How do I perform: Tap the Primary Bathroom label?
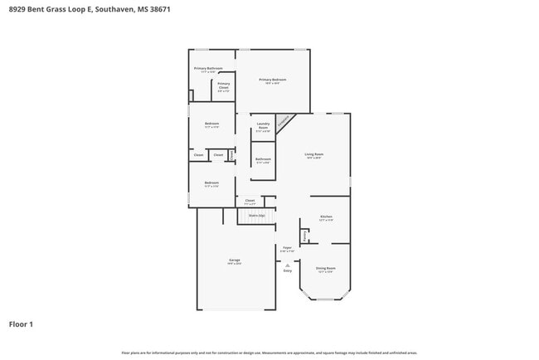[208, 70]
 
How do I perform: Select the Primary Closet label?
[224, 85]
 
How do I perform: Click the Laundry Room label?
[263, 127]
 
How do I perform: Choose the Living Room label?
[313, 155]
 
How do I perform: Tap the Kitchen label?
[327, 218]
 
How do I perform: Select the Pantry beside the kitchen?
[304, 237]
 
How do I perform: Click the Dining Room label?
[325, 270]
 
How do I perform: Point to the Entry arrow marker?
[288, 265]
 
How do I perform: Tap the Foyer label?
[287, 249]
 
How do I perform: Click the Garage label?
[235, 261]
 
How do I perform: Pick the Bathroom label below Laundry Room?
[263, 160]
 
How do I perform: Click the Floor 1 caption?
[21, 324]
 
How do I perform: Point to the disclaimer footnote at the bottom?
[269, 353]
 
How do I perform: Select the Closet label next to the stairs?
[250, 201]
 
